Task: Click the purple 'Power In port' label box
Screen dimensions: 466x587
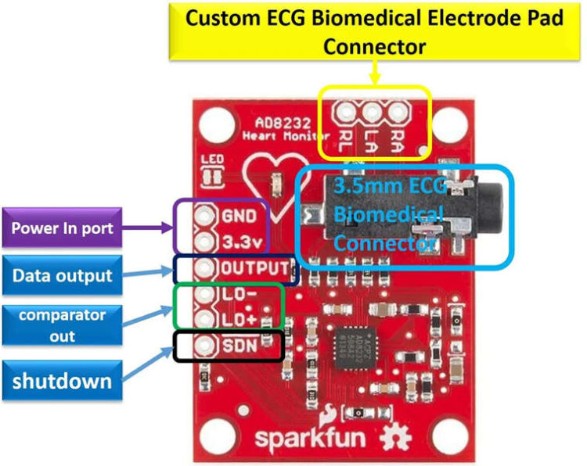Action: (63, 228)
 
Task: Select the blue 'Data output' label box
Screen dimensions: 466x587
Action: (63, 274)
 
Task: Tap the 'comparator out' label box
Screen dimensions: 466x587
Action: (63, 324)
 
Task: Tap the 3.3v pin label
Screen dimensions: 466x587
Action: (240, 238)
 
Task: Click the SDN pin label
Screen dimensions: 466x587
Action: (238, 346)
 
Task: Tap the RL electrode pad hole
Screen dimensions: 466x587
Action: (344, 113)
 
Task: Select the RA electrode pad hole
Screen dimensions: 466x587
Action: (398, 113)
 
